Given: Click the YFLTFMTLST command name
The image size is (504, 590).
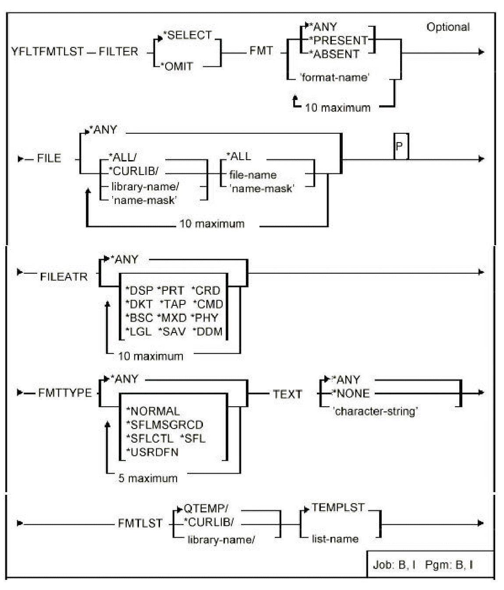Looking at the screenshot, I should point(47,52).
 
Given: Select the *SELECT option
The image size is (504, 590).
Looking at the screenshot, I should point(187,36).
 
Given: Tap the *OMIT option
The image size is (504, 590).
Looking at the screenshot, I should point(178,67).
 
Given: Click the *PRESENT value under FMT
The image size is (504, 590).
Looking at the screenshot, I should point(338,40).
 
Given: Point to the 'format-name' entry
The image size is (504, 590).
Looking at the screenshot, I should point(335,78).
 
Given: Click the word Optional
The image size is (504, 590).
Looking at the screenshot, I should point(448,27).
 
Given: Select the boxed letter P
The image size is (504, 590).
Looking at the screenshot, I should point(400,147).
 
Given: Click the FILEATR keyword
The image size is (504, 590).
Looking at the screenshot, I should point(64,277).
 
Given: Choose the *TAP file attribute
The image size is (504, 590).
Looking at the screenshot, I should point(173,304).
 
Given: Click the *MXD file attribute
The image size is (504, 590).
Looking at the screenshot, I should point(172,318).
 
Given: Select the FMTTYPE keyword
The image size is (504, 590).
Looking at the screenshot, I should point(65,393).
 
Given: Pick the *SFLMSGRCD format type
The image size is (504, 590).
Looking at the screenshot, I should point(164,425).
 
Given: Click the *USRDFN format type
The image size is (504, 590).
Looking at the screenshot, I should point(152,452).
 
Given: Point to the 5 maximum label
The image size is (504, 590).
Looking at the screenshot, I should point(148,478).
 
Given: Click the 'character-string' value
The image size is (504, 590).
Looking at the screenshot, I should point(375,411).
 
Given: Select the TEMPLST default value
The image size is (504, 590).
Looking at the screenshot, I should point(338,508).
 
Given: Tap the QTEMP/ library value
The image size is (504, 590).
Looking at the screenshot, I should point(206,509).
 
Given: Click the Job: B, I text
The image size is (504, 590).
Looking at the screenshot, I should point(394,565).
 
